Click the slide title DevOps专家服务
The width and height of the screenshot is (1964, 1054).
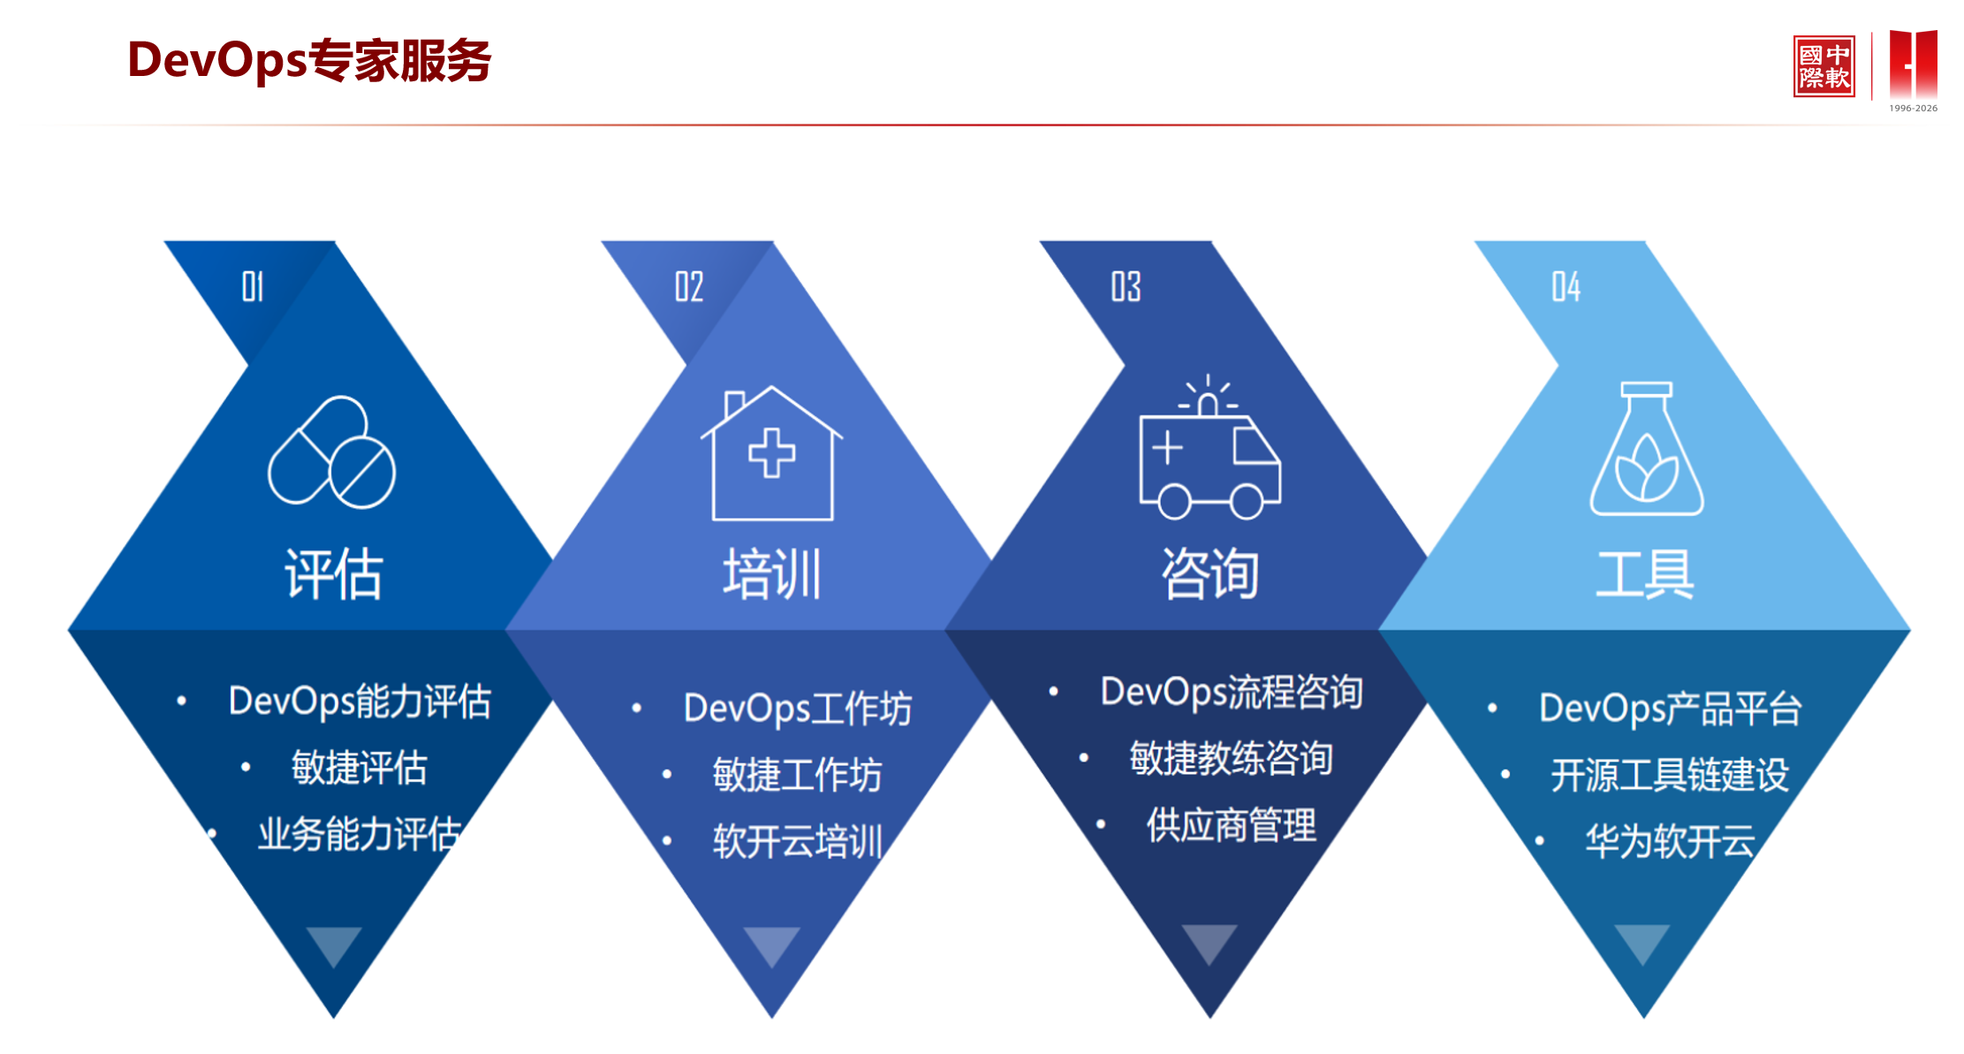coord(309,61)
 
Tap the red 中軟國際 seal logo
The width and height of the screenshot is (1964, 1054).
coord(1823,66)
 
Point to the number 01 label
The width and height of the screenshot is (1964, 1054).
coord(253,286)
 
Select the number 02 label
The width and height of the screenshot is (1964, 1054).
coord(689,286)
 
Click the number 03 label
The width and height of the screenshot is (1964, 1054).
coord(1126,286)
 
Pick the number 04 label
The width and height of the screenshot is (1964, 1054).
coord(1566,286)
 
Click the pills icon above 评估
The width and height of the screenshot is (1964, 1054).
coord(332,452)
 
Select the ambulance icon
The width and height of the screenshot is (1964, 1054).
coord(1209,449)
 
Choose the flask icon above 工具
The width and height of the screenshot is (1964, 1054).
coord(1646,450)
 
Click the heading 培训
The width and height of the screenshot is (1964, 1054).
coord(772,574)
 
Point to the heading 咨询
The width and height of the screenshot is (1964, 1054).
coord(1209,574)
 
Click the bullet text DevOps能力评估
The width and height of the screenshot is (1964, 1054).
coord(360,701)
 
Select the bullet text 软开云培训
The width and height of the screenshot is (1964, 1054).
coord(797,841)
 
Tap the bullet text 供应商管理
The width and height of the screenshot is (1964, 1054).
coord(1231,825)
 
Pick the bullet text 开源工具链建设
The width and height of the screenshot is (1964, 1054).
coord(1669,775)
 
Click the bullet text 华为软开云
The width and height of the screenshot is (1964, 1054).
coord(1669,841)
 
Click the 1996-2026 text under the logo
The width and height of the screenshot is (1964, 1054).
coord(1913,109)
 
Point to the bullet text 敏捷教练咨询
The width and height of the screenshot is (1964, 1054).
coord(1231,758)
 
